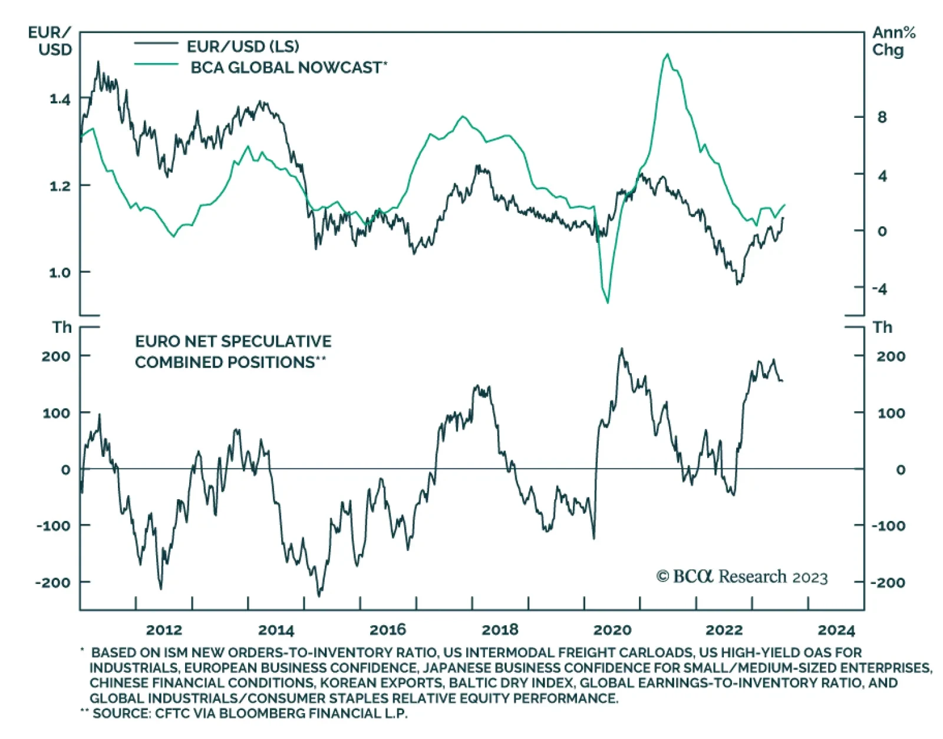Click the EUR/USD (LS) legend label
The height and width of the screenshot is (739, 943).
point(242,46)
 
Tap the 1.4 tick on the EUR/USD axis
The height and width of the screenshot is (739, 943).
point(60,99)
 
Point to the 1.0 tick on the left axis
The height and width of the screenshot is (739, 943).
point(60,272)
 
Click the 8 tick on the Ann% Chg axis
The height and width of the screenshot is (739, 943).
point(882,117)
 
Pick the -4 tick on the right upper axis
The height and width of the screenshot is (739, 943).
point(879,289)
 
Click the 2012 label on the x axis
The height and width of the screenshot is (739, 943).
point(164,630)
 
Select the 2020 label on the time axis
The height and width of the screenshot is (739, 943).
point(612,630)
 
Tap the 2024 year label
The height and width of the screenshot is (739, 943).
point(836,630)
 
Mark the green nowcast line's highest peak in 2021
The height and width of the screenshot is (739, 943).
point(667,54)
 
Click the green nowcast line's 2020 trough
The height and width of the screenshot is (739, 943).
point(607,302)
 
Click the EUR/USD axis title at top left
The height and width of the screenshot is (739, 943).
point(51,41)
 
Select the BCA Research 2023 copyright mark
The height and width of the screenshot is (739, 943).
point(742,576)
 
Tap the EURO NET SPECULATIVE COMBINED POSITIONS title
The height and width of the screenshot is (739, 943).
point(233,351)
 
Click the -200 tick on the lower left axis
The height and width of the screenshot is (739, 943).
point(53,582)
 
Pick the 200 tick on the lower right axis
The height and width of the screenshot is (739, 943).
point(891,356)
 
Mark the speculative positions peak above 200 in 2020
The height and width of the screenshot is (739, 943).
point(622,349)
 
